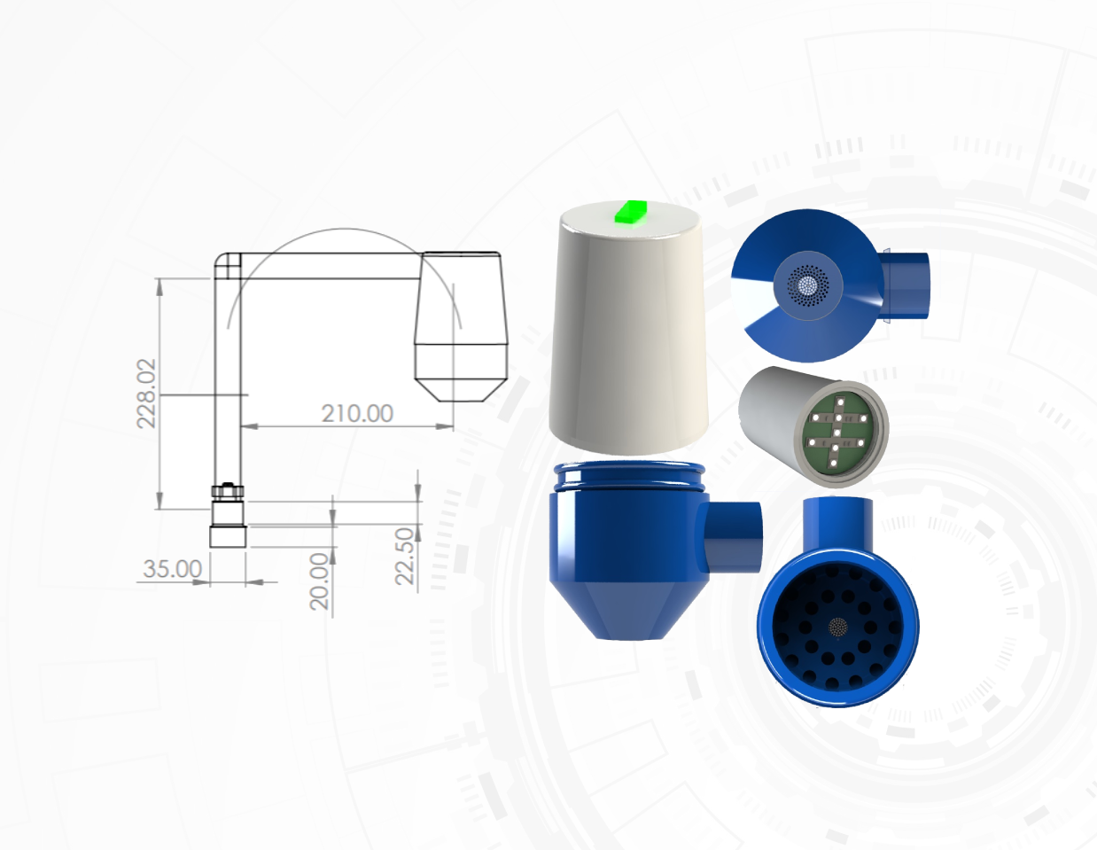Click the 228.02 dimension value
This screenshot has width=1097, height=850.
coord(146,394)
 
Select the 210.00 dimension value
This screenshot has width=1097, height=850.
coord(357,413)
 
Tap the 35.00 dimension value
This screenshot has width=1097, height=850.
coord(172,569)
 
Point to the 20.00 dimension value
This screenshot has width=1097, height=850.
coord(319,581)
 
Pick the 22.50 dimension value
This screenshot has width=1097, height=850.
coord(404,557)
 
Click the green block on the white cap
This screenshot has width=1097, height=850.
coord(631,212)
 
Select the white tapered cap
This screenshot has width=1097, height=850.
coord(628,328)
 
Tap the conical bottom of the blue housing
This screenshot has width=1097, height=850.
coord(629,610)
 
